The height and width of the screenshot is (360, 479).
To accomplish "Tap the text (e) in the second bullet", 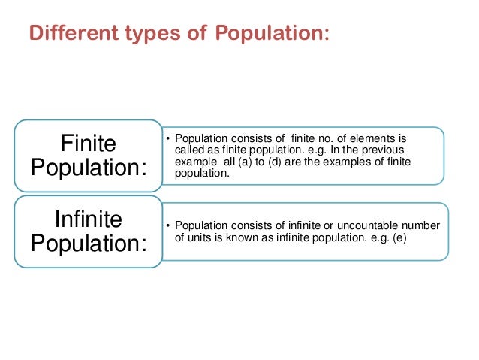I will point(405,237).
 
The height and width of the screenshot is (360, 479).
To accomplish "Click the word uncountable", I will point(368,226).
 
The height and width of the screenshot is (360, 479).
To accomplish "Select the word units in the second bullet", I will point(196,237).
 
